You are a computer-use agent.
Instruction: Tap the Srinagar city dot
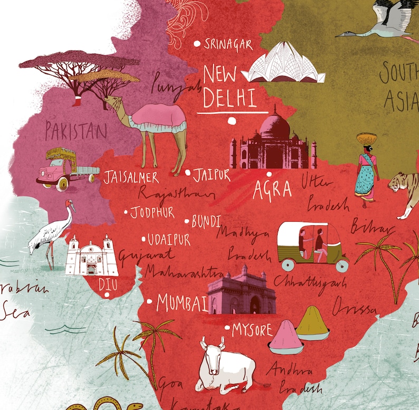(x=198, y=44)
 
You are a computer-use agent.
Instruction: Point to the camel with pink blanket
(x=154, y=124)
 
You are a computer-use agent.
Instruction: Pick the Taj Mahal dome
(x=275, y=127)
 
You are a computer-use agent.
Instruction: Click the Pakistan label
(x=77, y=130)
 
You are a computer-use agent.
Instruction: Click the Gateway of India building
(x=242, y=293)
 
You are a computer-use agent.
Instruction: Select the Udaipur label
(x=169, y=240)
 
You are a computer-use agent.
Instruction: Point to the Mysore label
(x=252, y=330)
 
